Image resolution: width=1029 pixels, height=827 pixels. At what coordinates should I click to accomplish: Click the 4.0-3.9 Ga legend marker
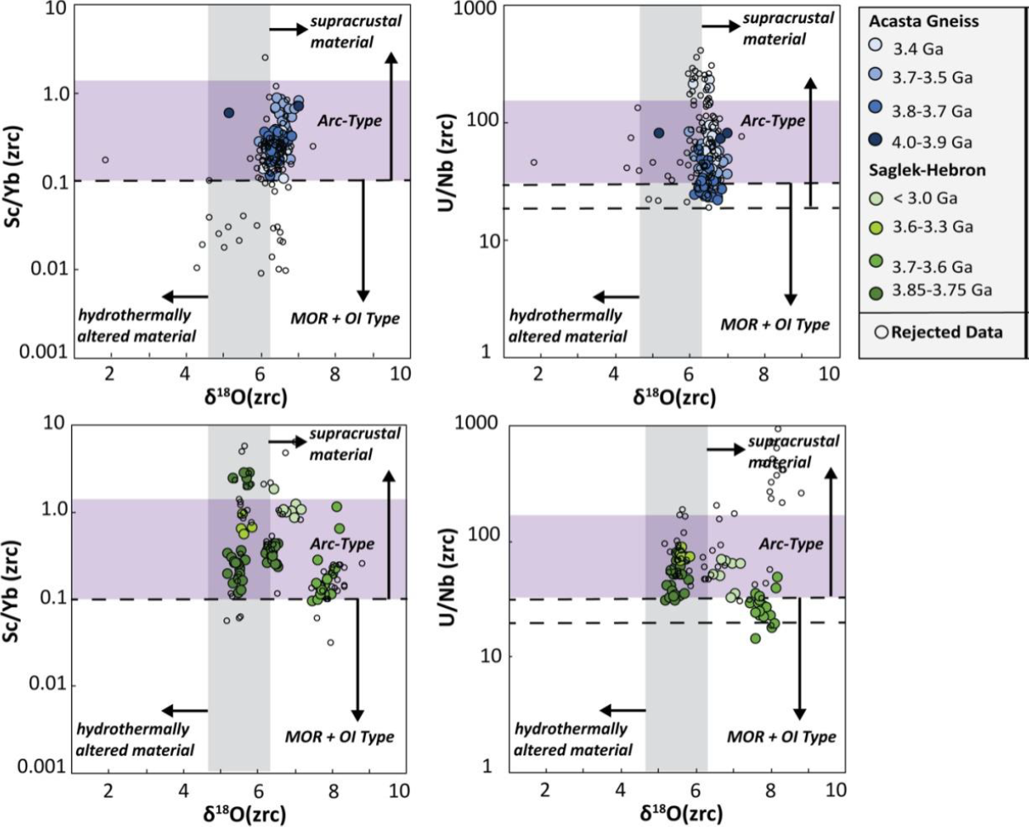click(877, 141)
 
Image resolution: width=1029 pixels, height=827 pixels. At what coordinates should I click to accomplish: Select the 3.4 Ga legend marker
click(877, 46)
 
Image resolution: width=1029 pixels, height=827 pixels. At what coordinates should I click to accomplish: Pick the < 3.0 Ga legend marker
click(877, 198)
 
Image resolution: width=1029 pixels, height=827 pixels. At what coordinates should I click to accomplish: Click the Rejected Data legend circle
click(882, 332)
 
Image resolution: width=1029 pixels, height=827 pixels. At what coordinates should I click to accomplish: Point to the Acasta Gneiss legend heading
click(923, 22)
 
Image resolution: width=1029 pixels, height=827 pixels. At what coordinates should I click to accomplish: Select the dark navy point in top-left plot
click(229, 112)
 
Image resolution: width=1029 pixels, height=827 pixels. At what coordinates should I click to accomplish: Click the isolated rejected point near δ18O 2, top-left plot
click(105, 160)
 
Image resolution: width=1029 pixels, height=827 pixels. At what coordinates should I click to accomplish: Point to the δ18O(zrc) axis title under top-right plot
click(674, 398)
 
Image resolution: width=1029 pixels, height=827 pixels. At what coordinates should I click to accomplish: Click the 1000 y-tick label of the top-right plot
click(475, 9)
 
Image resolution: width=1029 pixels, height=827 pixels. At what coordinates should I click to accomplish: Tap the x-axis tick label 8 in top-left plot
click(335, 374)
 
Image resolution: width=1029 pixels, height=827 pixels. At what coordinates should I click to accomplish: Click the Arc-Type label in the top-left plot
click(350, 121)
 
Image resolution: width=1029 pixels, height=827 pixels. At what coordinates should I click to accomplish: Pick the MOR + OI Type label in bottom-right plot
click(781, 737)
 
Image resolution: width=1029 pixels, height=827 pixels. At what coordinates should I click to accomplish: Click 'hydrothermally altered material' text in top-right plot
click(567, 326)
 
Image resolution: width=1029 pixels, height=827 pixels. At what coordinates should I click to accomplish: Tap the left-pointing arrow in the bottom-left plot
click(184, 710)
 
